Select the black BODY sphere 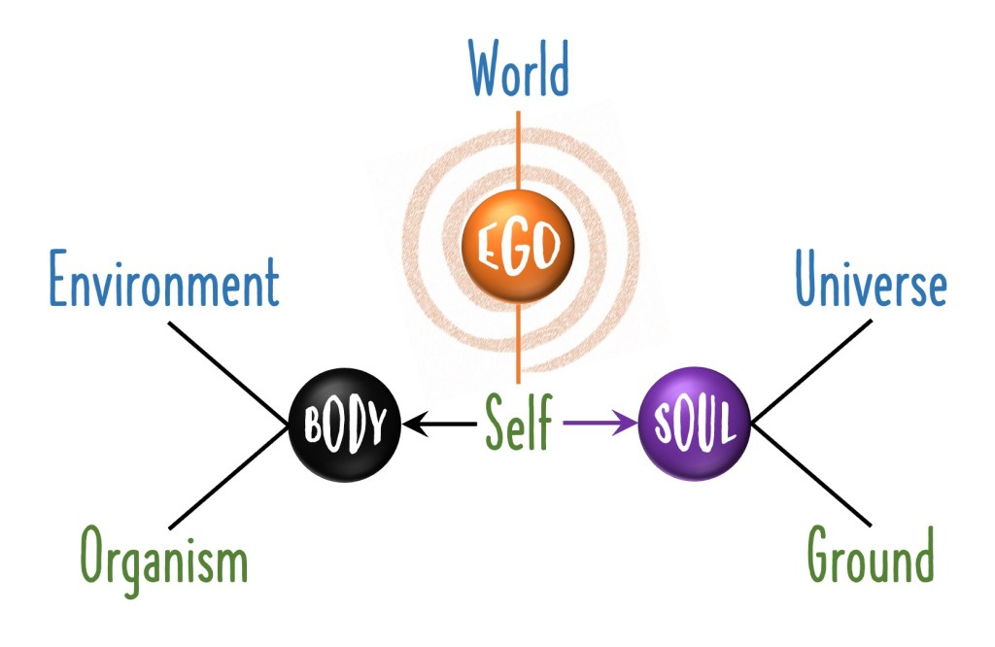click(x=346, y=425)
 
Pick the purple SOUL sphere click(x=695, y=424)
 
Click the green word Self click(x=519, y=425)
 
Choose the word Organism click(x=163, y=560)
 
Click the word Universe click(x=871, y=284)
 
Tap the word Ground click(x=871, y=559)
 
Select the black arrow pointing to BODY click(x=442, y=425)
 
